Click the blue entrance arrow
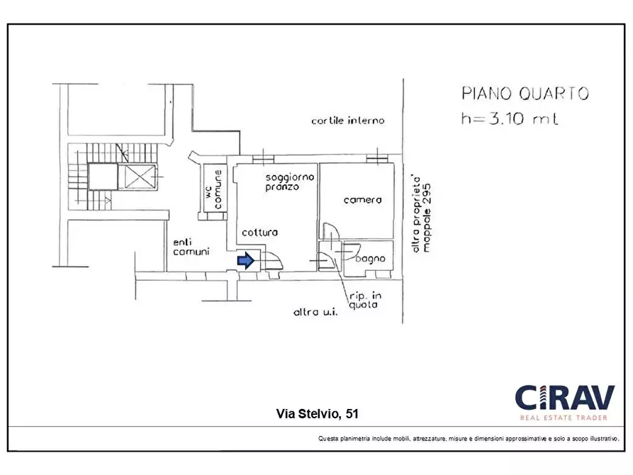click(245, 260)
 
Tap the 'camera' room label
click(362, 200)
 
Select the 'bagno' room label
click(371, 259)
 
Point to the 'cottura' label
click(259, 233)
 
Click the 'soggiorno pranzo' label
click(289, 181)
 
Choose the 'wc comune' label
click(213, 189)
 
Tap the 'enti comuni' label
click(191, 247)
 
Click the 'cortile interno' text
click(347, 121)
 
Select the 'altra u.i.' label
click(315, 312)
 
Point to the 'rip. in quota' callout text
click(365, 301)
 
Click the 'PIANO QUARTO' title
click(525, 94)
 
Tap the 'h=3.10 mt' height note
click(510, 118)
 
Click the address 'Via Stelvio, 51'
click(317, 413)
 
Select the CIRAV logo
click(565, 398)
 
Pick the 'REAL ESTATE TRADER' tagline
click(564, 418)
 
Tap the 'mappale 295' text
click(427, 218)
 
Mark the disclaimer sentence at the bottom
click(469, 439)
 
